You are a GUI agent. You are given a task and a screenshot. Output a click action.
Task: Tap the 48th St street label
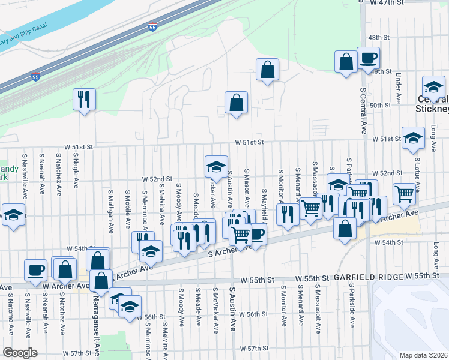pyautogui.click(x=379, y=37)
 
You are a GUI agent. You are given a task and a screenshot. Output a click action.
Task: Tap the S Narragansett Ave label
pyautogui.click(x=96, y=324)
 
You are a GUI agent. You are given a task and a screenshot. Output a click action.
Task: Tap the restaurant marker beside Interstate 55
pyautogui.click(x=84, y=98)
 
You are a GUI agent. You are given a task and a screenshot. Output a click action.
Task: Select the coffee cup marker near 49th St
pyautogui.click(x=368, y=58)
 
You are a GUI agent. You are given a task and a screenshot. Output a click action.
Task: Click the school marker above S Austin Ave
pyautogui.click(x=215, y=166)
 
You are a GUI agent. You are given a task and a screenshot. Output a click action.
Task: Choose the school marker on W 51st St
pyautogui.click(x=413, y=138)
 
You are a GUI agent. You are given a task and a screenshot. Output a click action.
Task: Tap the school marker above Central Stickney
pyautogui.click(x=433, y=86)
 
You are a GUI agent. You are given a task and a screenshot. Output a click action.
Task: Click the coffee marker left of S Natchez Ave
pyautogui.click(x=35, y=269)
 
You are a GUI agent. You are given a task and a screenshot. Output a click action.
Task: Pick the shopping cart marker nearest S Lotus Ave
pyautogui.click(x=405, y=193)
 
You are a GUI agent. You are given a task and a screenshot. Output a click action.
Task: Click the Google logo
pyautogui.click(x=20, y=353)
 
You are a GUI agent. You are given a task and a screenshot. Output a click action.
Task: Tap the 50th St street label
pyautogui.click(x=380, y=105)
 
